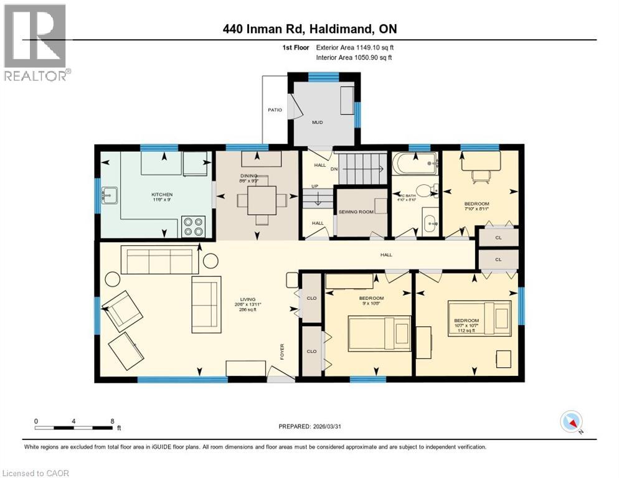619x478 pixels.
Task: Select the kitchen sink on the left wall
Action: tap(110, 194)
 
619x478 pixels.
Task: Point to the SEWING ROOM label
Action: tap(356, 212)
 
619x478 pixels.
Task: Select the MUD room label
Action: tap(318, 123)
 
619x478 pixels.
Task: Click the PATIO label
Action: tap(275, 110)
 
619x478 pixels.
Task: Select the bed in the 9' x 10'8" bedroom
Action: tap(378, 333)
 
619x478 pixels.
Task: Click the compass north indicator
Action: tap(571, 422)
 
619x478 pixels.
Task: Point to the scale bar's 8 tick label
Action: tap(111, 421)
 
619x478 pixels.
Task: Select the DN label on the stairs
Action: tap(334, 169)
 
